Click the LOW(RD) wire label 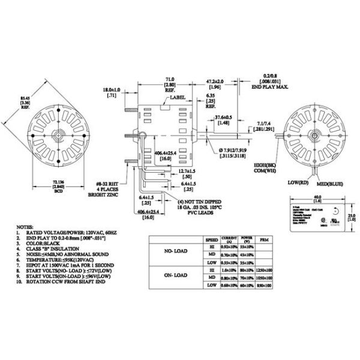pyautogui.click(x=295, y=182)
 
